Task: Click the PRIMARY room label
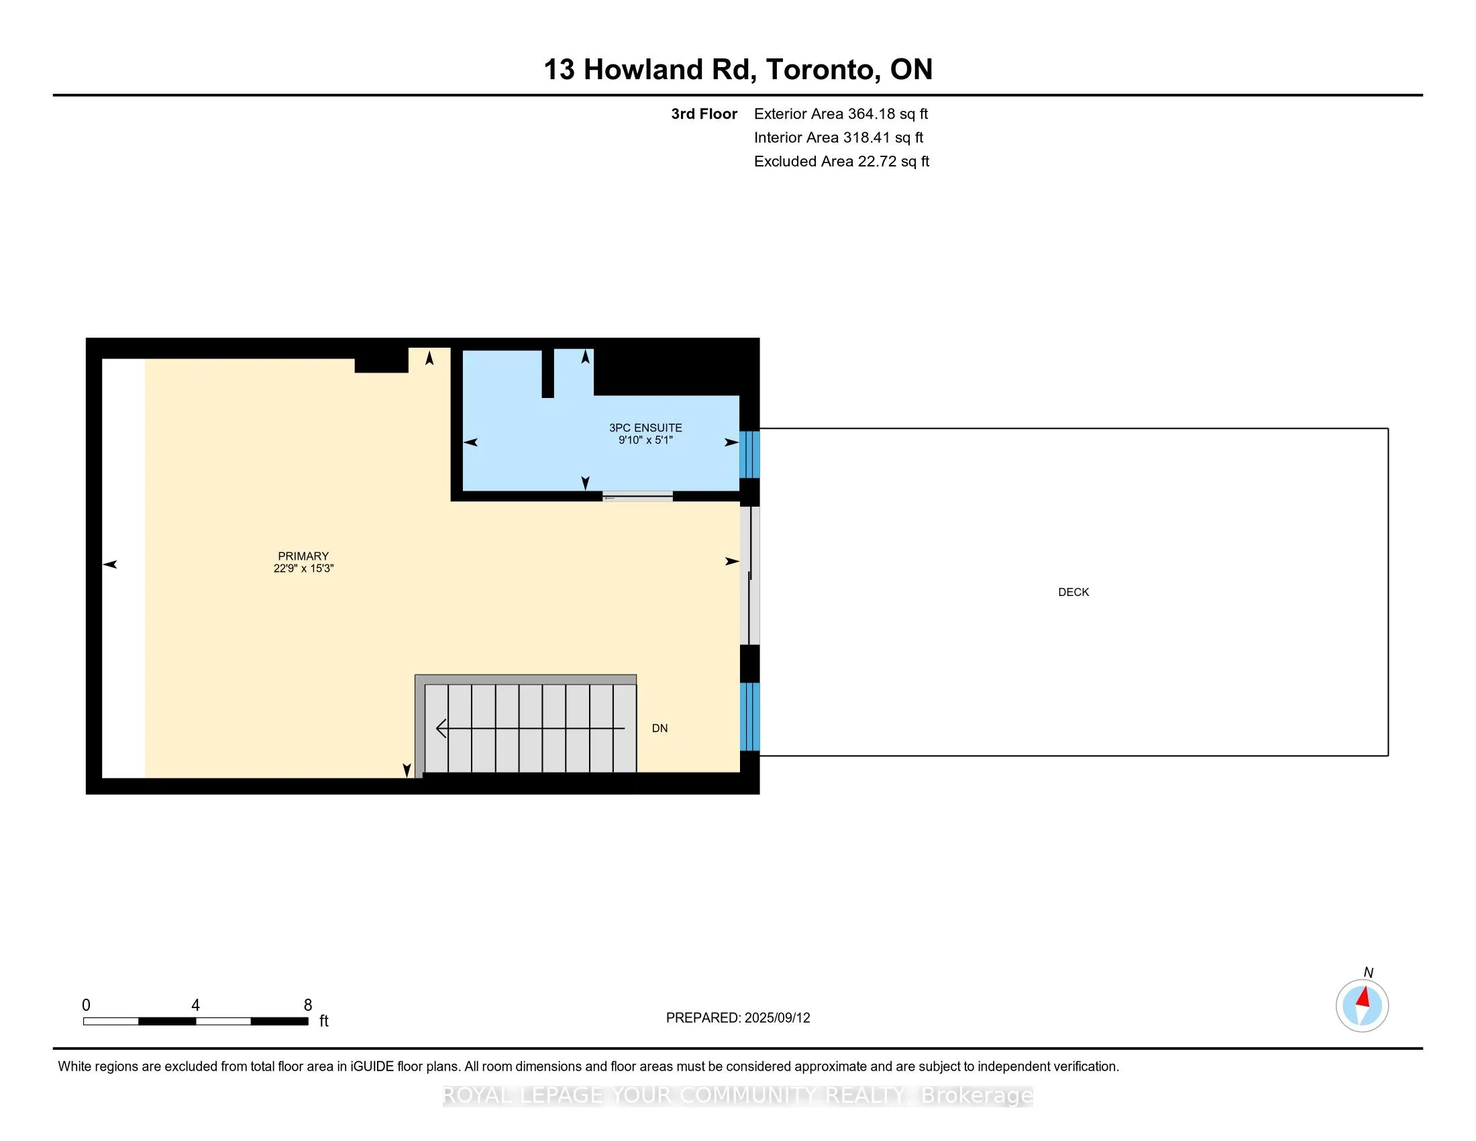[x=303, y=556]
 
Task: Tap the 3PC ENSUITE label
[x=645, y=427]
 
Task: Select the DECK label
[x=1073, y=592]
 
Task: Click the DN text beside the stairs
[x=660, y=728]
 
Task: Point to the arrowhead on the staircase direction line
[x=441, y=728]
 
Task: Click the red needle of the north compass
[x=1364, y=997]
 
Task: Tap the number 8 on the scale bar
[x=307, y=1005]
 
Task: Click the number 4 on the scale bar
[x=195, y=1005]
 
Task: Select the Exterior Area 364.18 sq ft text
[x=841, y=113]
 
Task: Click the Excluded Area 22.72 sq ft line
[x=841, y=161]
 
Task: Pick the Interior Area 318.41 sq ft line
[x=838, y=137]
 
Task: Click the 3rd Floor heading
[x=704, y=113]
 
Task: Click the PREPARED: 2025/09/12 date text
[x=737, y=1018]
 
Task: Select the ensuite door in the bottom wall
[x=637, y=497]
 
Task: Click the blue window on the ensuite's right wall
[x=749, y=454]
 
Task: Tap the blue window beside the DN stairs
[x=749, y=717]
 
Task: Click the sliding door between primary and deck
[x=749, y=575]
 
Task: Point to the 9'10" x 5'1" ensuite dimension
[x=645, y=440]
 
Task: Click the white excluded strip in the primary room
[x=123, y=568]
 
